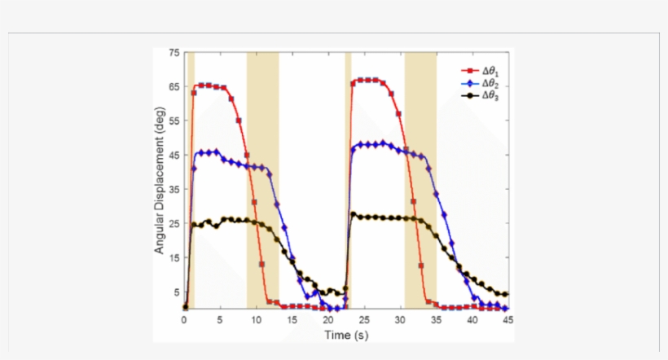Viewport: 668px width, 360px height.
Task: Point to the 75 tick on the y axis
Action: [174, 53]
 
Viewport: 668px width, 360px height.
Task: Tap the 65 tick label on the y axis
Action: [174, 86]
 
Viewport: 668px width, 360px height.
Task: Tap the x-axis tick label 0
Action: [185, 320]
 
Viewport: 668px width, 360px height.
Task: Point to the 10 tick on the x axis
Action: [257, 320]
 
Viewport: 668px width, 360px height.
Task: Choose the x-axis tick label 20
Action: [328, 320]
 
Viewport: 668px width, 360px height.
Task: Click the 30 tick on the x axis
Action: [400, 320]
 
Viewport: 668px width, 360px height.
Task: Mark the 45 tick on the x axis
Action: [507, 320]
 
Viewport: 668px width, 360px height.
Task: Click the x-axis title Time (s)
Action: [345, 334]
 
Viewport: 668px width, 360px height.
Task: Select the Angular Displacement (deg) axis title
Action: [160, 181]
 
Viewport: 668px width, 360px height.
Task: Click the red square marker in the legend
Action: [468, 72]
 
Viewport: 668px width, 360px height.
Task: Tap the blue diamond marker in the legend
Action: [468, 84]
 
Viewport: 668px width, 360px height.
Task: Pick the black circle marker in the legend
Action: [468, 96]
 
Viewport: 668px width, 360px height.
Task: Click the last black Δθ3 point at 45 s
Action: [507, 294]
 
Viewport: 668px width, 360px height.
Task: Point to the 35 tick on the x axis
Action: [436, 320]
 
